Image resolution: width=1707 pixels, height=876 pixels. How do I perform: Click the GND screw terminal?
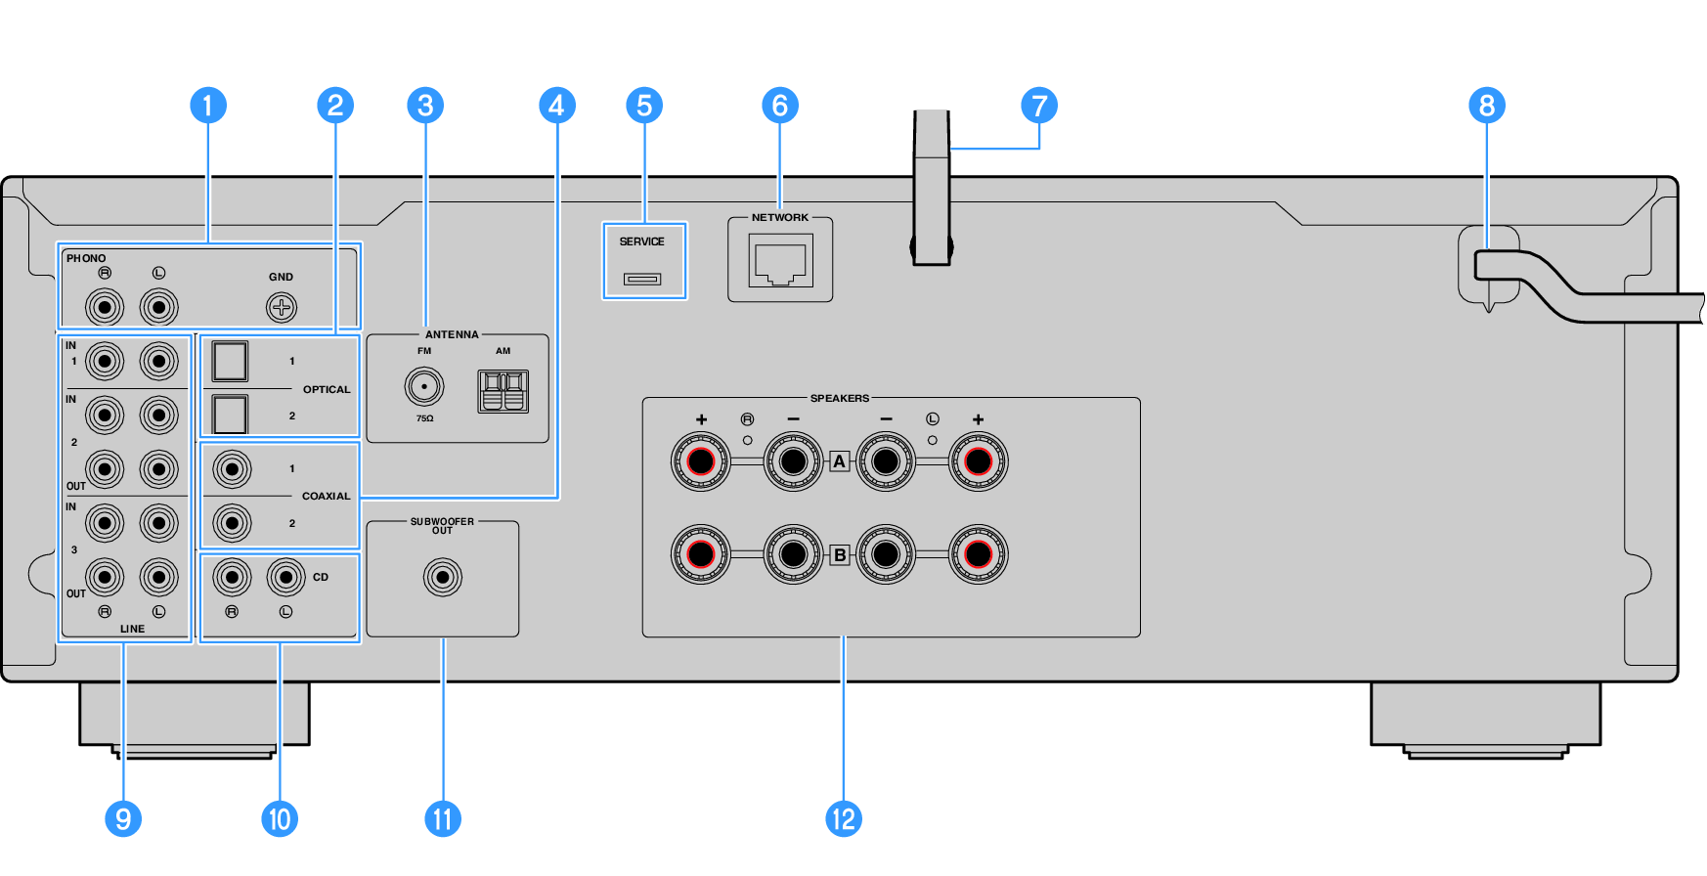pos(282,308)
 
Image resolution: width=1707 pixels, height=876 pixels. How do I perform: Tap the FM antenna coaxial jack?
pos(424,386)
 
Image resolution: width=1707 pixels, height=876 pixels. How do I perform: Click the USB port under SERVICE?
pos(642,280)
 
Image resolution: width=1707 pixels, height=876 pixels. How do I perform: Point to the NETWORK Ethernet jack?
pos(780,264)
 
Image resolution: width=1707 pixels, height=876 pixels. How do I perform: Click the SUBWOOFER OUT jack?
pos(443,577)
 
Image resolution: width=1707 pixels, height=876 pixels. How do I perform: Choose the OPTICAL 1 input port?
pos(230,361)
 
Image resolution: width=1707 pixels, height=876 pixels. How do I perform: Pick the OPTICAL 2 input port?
pos(230,414)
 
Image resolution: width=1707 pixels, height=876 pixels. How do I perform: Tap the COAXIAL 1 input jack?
pos(232,469)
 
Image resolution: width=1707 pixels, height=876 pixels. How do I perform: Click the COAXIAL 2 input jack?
pos(232,523)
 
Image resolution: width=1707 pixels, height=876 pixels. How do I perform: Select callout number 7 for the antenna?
pos(1039,106)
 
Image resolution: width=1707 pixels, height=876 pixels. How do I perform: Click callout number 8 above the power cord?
pos(1487,106)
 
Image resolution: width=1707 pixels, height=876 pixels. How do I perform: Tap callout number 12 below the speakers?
pos(843,819)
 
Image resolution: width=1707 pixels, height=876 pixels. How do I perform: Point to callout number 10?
pos(280,819)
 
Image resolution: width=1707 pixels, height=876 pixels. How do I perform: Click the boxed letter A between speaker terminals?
pos(839,461)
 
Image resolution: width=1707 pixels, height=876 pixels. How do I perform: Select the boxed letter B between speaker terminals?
pos(839,555)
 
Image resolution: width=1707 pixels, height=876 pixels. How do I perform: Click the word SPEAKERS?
pos(839,398)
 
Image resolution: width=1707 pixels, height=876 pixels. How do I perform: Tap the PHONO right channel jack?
pos(105,308)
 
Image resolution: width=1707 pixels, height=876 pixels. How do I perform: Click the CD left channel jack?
pos(285,577)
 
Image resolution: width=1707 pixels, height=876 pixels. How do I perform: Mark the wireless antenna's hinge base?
pos(932,249)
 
